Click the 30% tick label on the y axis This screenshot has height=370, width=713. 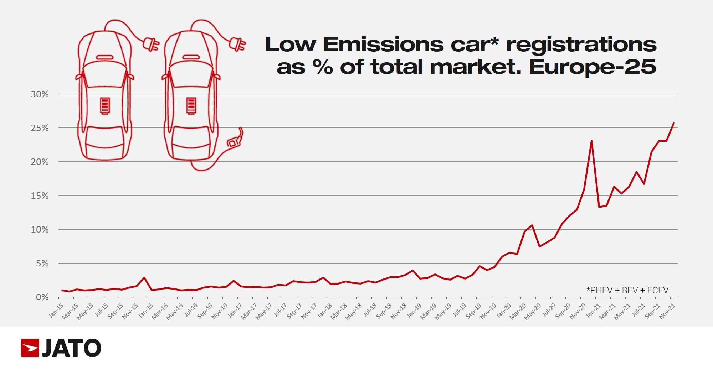click(x=40, y=94)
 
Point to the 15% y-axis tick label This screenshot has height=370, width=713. click(x=40, y=196)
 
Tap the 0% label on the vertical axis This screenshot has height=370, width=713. click(x=42, y=297)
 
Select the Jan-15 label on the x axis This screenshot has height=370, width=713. click(x=56, y=311)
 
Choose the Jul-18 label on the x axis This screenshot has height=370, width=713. click(x=370, y=311)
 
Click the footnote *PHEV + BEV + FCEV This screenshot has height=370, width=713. click(x=627, y=291)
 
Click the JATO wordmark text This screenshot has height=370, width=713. click(x=72, y=348)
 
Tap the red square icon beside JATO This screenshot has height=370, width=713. click(x=30, y=348)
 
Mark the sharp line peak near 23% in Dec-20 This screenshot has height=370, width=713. click(x=591, y=141)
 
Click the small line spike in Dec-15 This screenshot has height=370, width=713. click(x=144, y=277)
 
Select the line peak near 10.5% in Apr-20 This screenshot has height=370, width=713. click(x=532, y=225)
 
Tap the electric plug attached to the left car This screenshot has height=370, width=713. click(x=151, y=45)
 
